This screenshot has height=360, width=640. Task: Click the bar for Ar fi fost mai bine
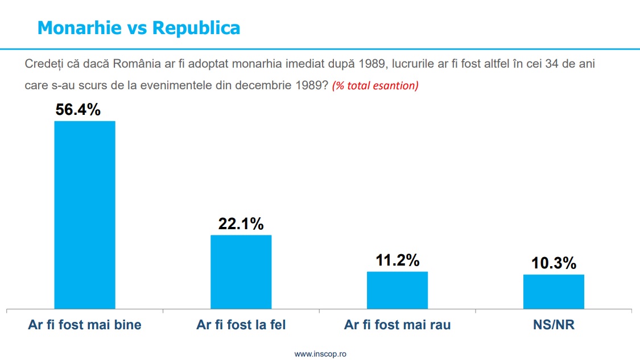[x=84, y=215]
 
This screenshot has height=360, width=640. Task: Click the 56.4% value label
[x=78, y=110]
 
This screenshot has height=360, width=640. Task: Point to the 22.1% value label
[x=241, y=224]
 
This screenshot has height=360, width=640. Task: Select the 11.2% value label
[x=397, y=260]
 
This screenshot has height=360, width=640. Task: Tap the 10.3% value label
[x=554, y=264]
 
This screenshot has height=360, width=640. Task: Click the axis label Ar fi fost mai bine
[x=85, y=325]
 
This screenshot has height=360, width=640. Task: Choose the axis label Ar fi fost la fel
[x=241, y=325]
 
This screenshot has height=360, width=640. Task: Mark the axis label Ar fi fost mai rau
[x=397, y=325]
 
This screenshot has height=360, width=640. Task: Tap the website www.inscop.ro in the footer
[x=320, y=354]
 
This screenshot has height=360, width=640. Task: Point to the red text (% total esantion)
[x=375, y=86]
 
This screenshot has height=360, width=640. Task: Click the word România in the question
[x=134, y=63]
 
